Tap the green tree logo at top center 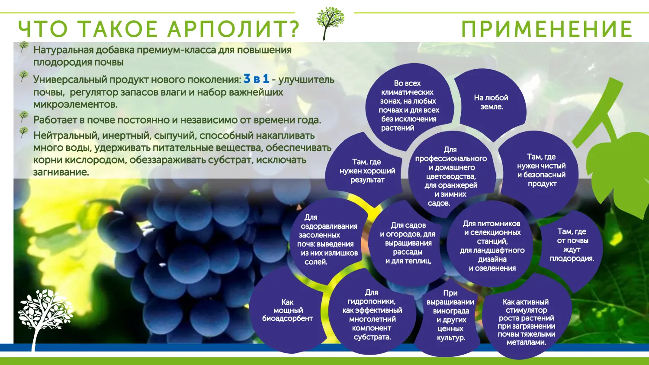click(330, 22)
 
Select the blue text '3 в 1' click(256, 79)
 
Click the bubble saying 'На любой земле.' click(491, 102)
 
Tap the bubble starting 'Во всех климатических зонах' click(408, 106)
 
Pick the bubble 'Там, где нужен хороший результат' click(367, 171)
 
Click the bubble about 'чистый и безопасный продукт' click(541, 170)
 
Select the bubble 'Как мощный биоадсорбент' click(287, 311)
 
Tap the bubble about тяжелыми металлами click(526, 322)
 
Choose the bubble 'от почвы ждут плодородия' click(572, 246)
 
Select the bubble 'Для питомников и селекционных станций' click(492, 246)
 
